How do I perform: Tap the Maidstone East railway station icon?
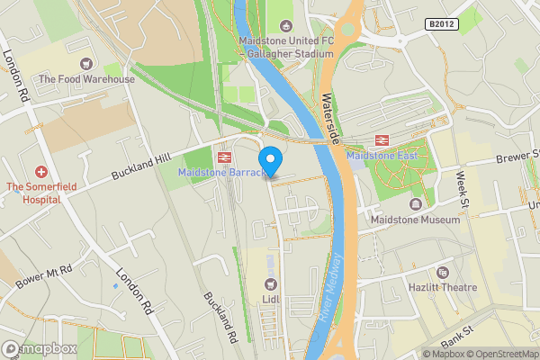382,140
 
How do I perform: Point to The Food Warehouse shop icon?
86,64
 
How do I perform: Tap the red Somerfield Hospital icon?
40,171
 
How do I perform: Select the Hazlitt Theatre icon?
442,272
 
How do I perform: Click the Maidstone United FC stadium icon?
286,26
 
